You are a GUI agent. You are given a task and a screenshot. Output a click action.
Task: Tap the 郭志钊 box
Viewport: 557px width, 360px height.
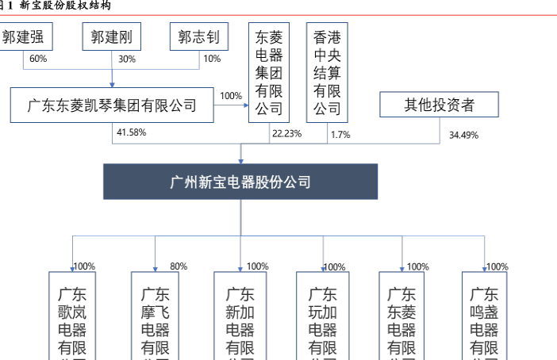pos(198,37)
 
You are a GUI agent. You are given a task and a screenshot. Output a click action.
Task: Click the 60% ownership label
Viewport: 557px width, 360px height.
pos(38,59)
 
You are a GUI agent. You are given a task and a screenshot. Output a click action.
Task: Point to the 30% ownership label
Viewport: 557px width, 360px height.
pos(127,59)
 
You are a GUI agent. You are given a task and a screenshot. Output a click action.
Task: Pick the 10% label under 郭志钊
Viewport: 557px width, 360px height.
pos(212,59)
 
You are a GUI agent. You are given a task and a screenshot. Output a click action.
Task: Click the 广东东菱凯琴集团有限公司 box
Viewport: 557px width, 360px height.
pos(112,105)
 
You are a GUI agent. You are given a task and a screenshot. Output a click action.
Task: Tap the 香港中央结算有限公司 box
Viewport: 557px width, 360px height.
pos(326,72)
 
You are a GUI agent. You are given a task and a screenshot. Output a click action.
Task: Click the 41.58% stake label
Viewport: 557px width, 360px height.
pos(131,132)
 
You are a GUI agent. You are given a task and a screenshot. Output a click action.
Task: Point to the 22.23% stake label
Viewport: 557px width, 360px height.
pos(286,133)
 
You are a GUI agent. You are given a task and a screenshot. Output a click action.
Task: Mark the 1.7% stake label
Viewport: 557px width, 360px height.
pos(340,134)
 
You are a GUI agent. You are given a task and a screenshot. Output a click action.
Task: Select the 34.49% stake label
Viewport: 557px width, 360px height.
pos(463,135)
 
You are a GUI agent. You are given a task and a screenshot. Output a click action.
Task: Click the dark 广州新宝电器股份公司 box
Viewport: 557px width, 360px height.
pos(240,182)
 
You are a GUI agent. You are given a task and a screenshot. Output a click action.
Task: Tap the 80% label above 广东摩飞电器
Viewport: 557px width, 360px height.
pos(179,266)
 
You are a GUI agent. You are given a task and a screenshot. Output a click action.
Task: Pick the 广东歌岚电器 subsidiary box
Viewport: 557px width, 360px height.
pos(72,316)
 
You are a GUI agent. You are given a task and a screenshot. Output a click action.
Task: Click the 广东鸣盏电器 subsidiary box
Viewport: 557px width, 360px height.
pos(485,316)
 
